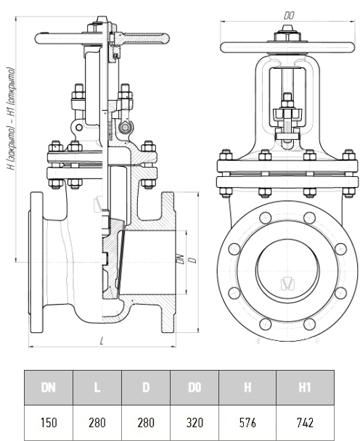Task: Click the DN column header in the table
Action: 49,387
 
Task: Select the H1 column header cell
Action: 305,387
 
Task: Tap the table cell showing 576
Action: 247,422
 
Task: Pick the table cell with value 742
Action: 305,422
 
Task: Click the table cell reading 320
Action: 195,422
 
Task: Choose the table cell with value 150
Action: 49,422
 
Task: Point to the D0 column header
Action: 195,387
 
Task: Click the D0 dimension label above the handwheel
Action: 289,16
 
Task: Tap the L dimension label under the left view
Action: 102,341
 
